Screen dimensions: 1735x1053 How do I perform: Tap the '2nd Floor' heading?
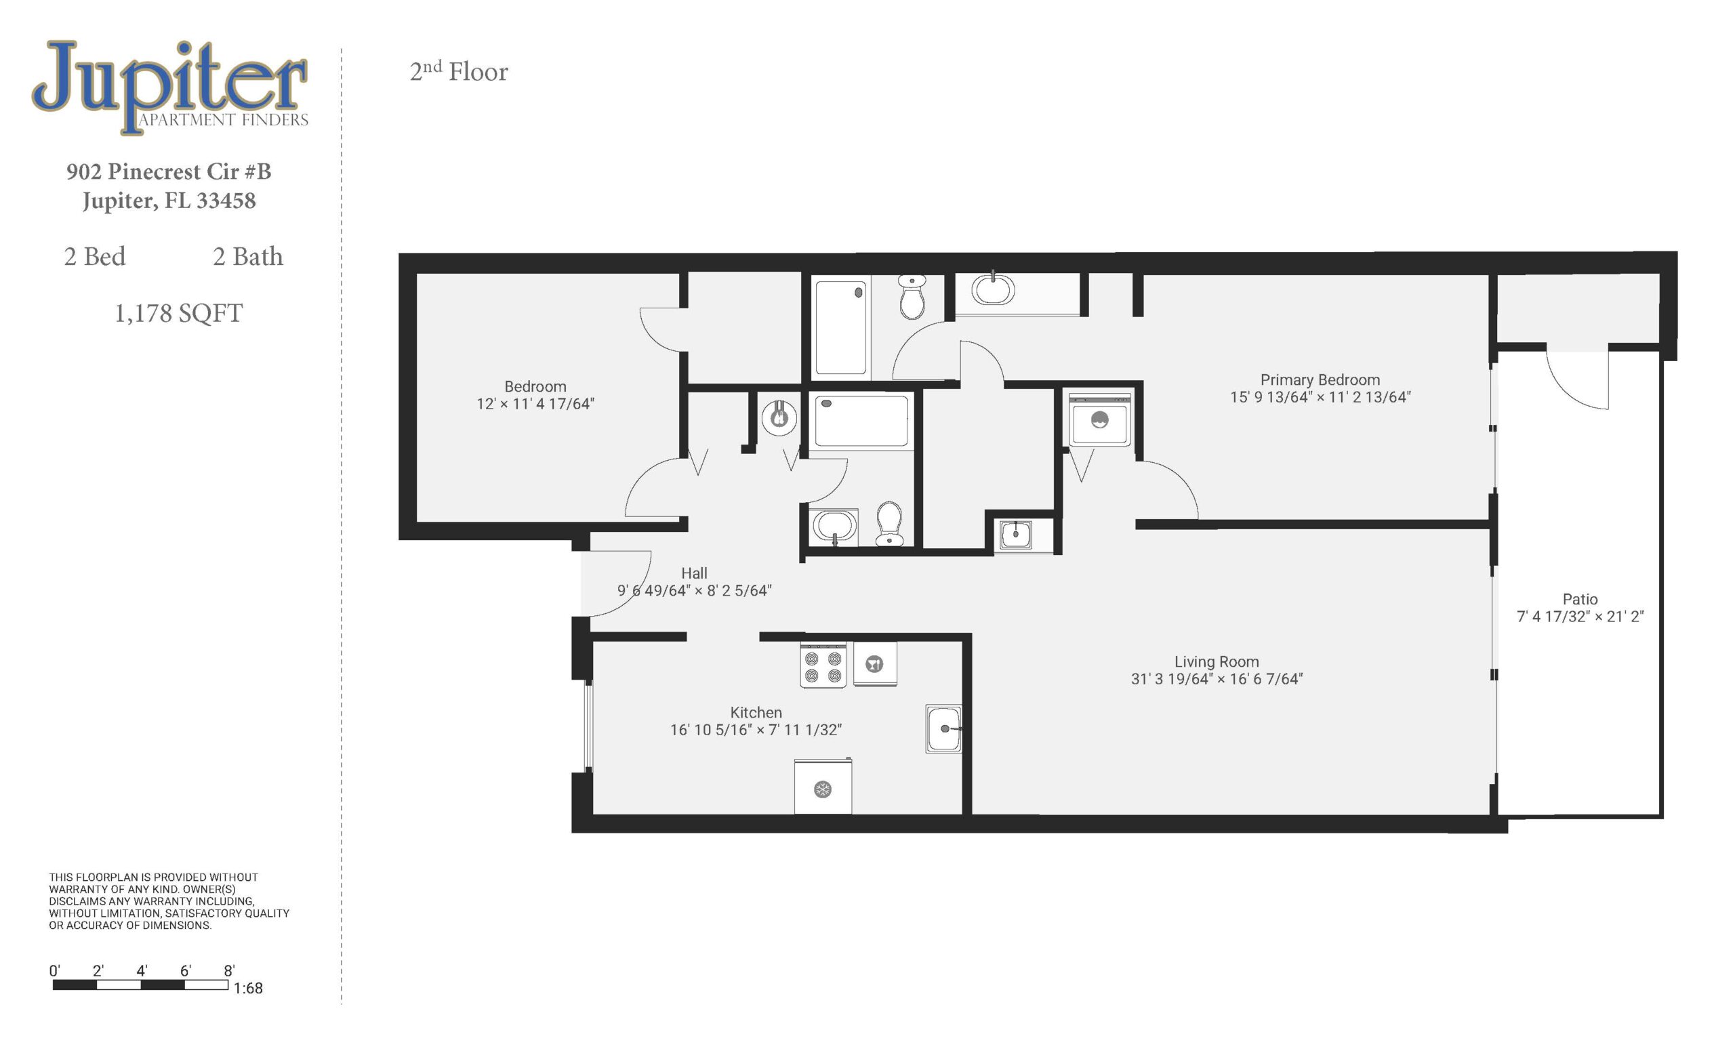[458, 71]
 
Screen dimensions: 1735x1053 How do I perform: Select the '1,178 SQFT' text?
[179, 313]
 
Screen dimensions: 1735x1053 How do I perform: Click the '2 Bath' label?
[248, 256]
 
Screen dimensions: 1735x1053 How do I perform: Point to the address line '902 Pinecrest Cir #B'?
[169, 171]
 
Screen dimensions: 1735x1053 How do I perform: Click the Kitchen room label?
[756, 712]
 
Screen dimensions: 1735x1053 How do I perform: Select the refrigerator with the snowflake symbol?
[823, 786]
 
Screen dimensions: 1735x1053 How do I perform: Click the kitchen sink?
[943, 728]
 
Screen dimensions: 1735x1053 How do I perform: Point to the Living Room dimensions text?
[1217, 679]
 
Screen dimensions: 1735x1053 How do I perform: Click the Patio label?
[1580, 599]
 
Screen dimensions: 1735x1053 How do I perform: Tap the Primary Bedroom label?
[1320, 380]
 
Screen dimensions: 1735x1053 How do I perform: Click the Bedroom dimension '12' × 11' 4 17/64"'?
[535, 404]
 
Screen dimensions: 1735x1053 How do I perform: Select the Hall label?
[694, 573]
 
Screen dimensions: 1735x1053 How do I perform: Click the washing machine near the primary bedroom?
[1100, 420]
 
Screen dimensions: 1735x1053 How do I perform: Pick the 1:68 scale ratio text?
[248, 988]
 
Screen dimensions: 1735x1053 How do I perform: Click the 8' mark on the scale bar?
[229, 970]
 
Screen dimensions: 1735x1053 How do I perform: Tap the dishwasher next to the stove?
[875, 664]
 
